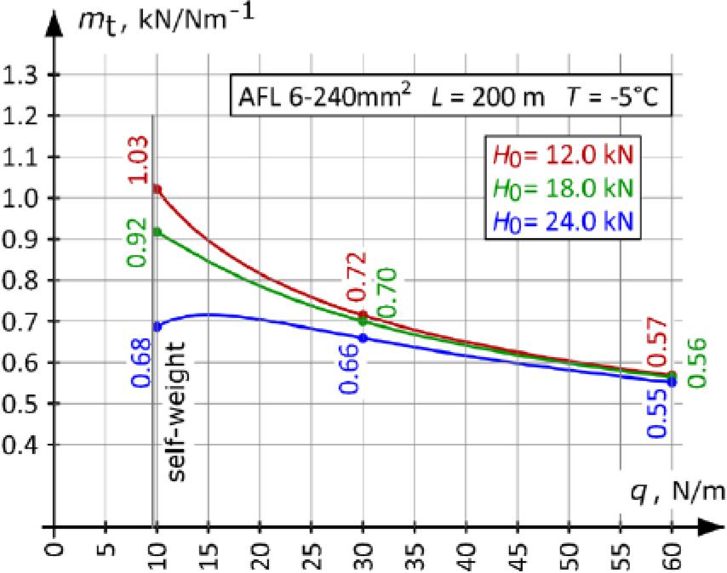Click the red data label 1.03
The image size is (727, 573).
point(139,160)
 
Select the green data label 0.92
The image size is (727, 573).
point(137,242)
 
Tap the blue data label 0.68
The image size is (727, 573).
point(140,363)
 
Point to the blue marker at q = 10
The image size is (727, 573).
point(157,326)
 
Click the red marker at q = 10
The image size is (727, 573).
point(157,190)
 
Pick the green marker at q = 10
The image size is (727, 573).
point(157,232)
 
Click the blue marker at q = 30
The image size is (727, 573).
point(363,338)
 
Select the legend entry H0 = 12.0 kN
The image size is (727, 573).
point(563,156)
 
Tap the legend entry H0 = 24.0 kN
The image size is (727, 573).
point(563,221)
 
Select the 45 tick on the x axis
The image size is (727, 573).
point(518,552)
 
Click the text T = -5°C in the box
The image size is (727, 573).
point(612,97)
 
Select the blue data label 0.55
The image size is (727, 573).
point(657,413)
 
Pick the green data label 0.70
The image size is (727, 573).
point(386,293)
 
